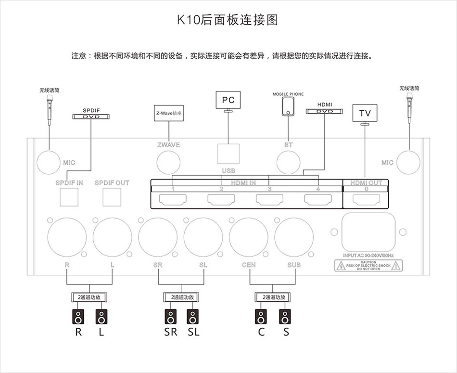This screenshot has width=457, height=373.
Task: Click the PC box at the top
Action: [x=228, y=100]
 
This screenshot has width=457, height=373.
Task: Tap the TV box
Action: [x=365, y=114]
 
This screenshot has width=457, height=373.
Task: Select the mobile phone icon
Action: [x=288, y=107]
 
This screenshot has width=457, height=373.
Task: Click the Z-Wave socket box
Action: [x=169, y=114]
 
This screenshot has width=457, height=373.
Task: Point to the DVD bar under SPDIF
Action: [x=90, y=116]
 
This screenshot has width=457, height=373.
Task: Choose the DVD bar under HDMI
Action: [x=324, y=111]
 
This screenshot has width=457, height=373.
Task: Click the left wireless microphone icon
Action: [x=49, y=110]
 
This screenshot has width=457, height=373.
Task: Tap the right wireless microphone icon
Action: [x=409, y=108]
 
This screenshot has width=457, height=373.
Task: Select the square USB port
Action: [x=228, y=154]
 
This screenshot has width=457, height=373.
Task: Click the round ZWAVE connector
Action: [x=168, y=162]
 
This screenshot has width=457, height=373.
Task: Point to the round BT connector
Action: [x=288, y=162]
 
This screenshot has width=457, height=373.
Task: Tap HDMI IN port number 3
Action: [x=269, y=199]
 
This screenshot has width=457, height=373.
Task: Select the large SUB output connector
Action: [x=294, y=236]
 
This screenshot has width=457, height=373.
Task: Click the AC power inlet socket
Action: [x=368, y=232]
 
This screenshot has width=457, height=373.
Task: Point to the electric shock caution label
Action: [x=368, y=265]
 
